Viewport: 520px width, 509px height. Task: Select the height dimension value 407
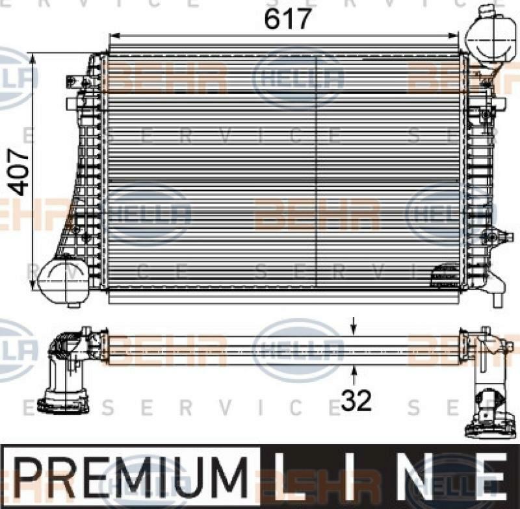20,172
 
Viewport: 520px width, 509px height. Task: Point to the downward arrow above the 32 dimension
354,325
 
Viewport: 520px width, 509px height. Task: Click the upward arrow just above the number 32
354,372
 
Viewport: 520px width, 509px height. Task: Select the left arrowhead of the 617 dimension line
111,36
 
